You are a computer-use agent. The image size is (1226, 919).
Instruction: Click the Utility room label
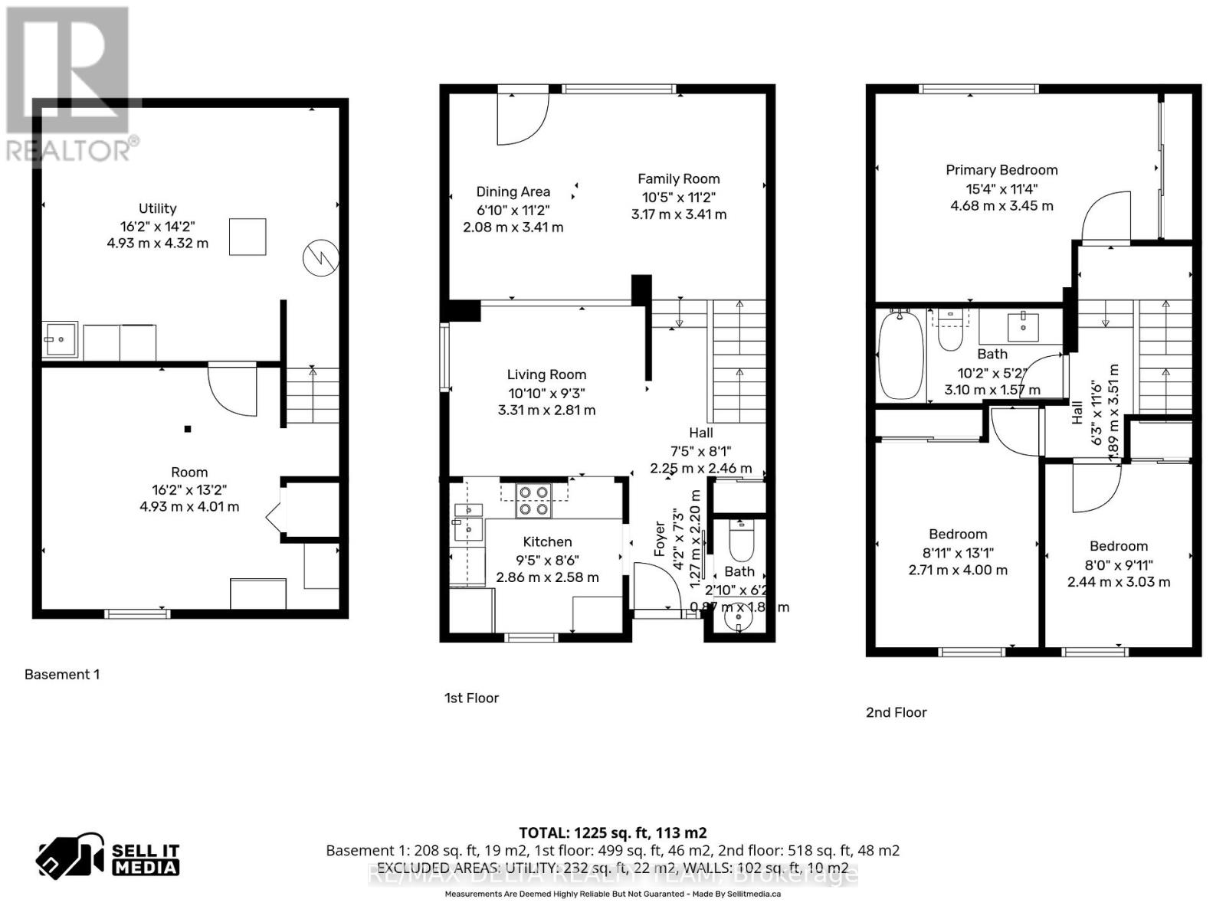(x=157, y=208)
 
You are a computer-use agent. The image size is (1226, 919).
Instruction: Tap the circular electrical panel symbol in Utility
(x=320, y=258)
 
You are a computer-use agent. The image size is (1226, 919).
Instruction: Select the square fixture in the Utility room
(x=247, y=237)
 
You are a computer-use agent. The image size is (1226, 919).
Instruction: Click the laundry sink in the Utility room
(x=59, y=338)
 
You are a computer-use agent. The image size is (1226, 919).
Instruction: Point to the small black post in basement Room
(x=187, y=429)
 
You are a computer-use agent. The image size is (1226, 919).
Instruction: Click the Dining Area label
(x=513, y=191)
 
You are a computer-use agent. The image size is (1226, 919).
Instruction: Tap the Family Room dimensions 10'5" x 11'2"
(x=678, y=197)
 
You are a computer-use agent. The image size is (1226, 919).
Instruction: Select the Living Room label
(x=546, y=374)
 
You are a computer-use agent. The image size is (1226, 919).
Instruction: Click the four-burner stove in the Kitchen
(x=533, y=500)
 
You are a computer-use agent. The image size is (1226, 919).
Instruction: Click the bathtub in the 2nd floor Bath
(x=900, y=355)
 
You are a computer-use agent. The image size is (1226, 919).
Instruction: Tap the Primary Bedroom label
(x=1001, y=170)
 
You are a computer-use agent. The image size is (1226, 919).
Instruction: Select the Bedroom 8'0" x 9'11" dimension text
(x=1118, y=565)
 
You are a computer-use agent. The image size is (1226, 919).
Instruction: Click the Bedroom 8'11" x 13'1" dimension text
(x=957, y=553)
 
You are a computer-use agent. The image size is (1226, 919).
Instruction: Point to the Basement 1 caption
(x=62, y=675)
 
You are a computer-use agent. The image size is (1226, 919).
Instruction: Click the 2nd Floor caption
(x=896, y=712)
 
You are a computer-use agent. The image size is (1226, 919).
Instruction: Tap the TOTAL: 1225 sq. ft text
(x=612, y=832)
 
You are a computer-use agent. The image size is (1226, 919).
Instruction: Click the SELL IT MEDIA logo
(x=108, y=858)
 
